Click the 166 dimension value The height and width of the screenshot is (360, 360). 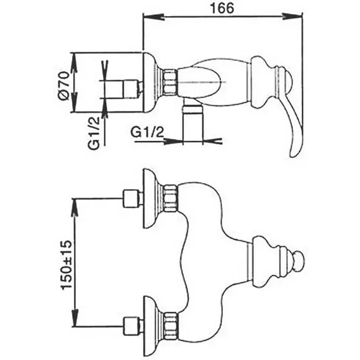pos(222,9)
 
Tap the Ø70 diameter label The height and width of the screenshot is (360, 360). pos(63,86)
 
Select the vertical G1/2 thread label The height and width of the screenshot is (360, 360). pos(94,133)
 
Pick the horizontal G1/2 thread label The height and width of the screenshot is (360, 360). pos(147,132)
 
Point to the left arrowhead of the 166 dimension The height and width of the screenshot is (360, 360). pos(153,17)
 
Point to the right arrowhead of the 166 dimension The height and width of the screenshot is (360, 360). pos(292,17)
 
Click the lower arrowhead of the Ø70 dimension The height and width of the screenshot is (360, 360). pos(74,102)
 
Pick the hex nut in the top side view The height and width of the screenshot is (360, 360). pos(170,82)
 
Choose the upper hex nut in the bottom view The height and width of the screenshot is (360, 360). pos(171,198)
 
